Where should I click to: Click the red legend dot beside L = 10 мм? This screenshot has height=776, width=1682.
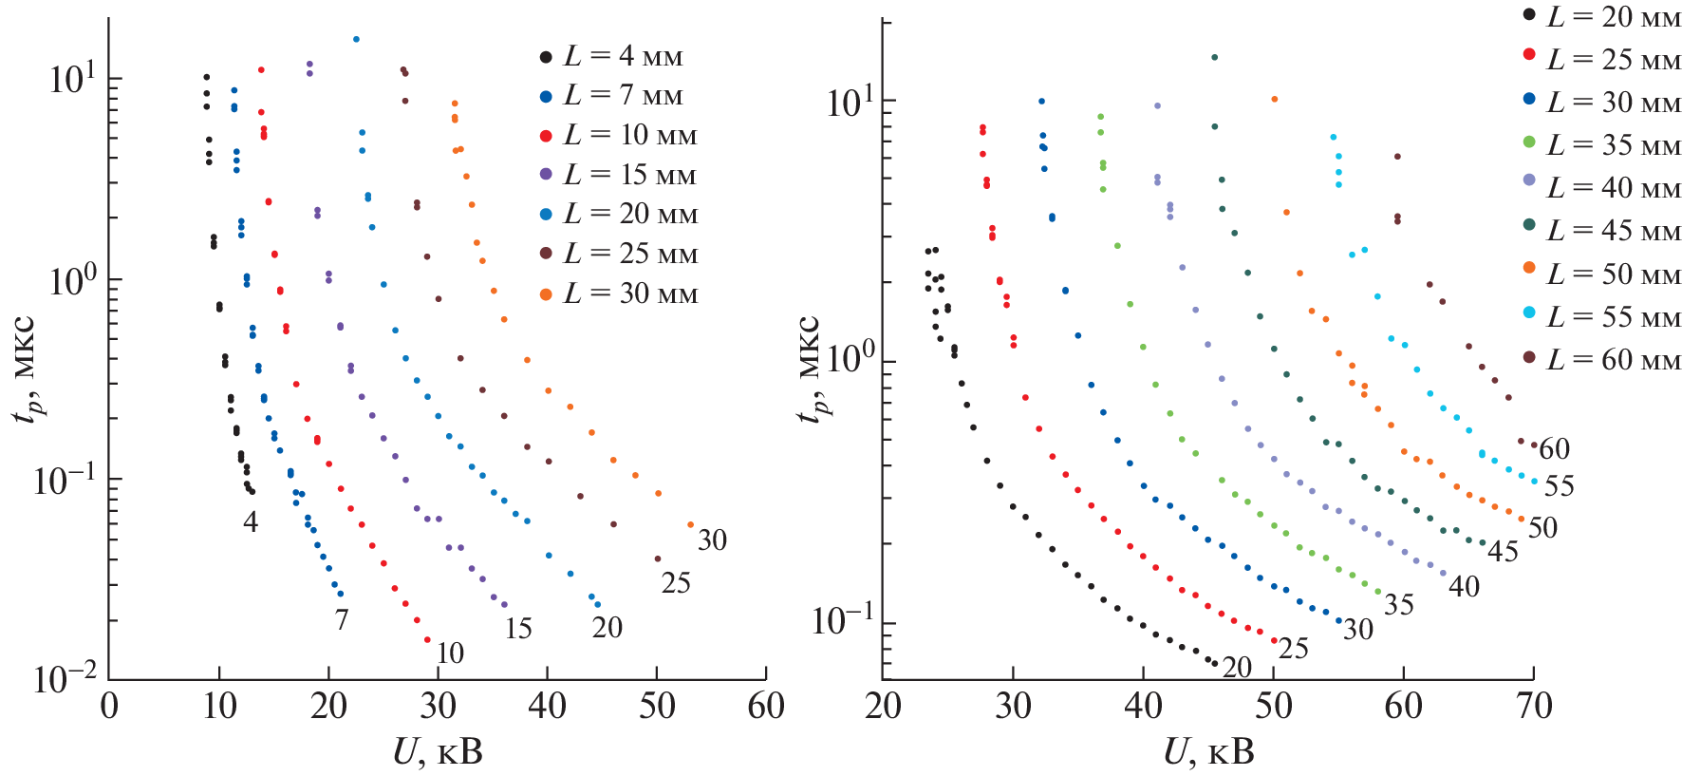[x=546, y=137]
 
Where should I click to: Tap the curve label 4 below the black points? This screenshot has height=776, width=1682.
[x=250, y=521]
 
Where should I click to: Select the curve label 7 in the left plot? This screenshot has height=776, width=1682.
[x=342, y=620]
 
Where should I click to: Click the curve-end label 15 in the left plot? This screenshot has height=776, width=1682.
[x=517, y=629]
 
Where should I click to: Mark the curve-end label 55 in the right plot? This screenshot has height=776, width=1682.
[x=1559, y=487]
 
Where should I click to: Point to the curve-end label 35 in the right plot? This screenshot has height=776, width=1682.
[x=1398, y=605]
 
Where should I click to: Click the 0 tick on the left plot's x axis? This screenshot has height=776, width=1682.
[x=109, y=707]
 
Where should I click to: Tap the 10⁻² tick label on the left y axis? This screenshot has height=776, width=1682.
[x=65, y=678]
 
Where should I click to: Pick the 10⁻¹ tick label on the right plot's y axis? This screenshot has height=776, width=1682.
[x=842, y=621]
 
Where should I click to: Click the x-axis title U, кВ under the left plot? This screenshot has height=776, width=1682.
[x=438, y=753]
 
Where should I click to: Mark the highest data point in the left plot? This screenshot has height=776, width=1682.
[x=356, y=40]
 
